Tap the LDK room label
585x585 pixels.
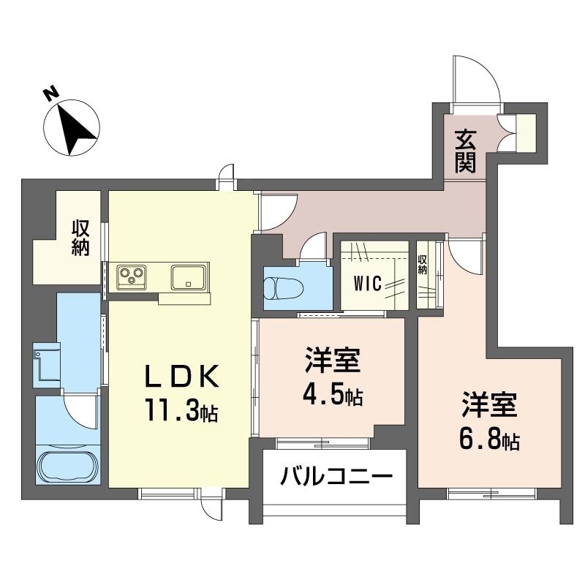click(182, 378)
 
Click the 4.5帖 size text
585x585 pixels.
click(333, 396)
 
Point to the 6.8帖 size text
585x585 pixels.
click(489, 440)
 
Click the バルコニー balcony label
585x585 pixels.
click(336, 479)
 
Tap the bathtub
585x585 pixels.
click(67, 466)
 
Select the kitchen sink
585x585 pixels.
click(189, 276)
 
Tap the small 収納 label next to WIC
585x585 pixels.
click(422, 263)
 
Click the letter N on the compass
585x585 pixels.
click(50, 94)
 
